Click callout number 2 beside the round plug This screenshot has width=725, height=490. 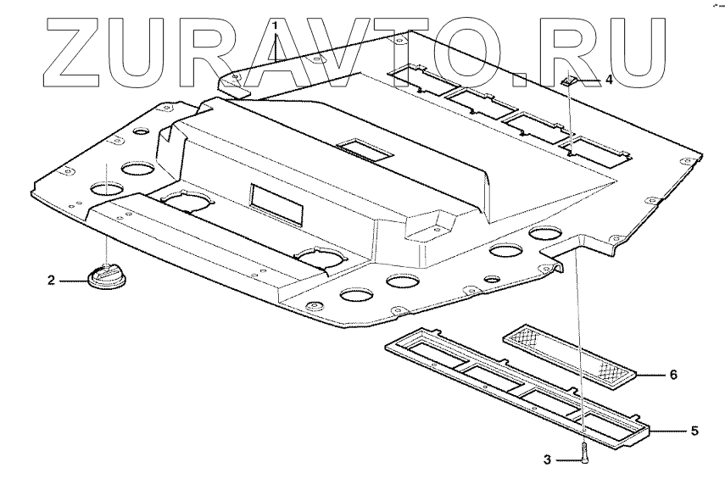(51, 279)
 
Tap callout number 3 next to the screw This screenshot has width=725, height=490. (547, 460)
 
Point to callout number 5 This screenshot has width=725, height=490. (694, 431)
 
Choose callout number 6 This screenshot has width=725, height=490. (673, 372)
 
